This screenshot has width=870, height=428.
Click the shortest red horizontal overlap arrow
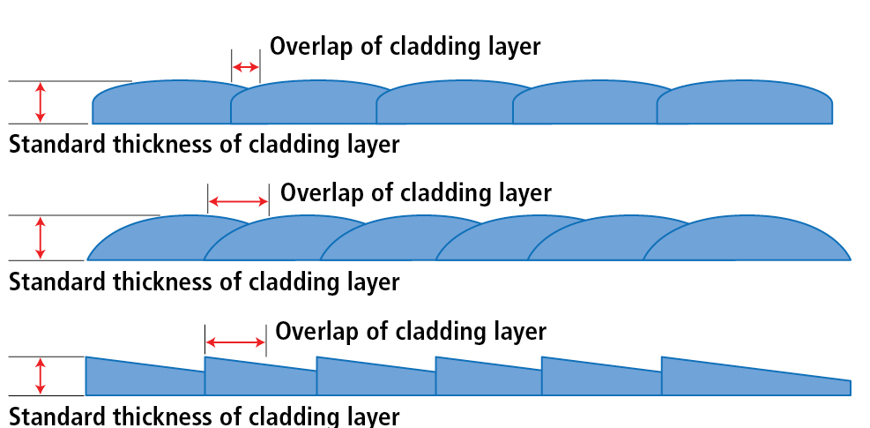tap(246, 67)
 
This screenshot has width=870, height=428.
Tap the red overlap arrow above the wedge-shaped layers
tap(235, 342)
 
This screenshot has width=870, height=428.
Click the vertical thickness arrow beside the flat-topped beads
tap(39, 102)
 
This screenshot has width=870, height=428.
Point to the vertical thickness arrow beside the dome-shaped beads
tap(39, 237)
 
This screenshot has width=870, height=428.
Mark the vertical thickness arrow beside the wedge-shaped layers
tap(39, 375)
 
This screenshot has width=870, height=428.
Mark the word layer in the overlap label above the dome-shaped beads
tap(524, 192)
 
